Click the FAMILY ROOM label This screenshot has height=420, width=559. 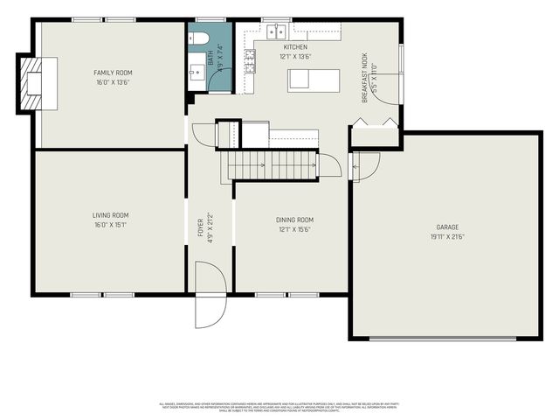[113, 73]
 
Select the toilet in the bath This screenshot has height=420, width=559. [198, 38]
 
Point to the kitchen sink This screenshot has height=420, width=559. [277, 31]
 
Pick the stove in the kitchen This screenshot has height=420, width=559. [250, 59]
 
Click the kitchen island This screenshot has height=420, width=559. [312, 79]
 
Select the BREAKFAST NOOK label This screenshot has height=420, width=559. [366, 78]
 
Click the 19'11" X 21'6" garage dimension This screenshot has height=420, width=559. [447, 236]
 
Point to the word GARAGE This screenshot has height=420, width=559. [447, 227]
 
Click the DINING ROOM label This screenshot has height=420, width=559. [294, 220]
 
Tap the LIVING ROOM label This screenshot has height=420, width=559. [111, 214]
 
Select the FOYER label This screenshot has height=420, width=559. [200, 227]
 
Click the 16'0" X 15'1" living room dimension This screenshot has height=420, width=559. [111, 224]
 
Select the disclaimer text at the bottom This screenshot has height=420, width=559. [279, 406]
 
